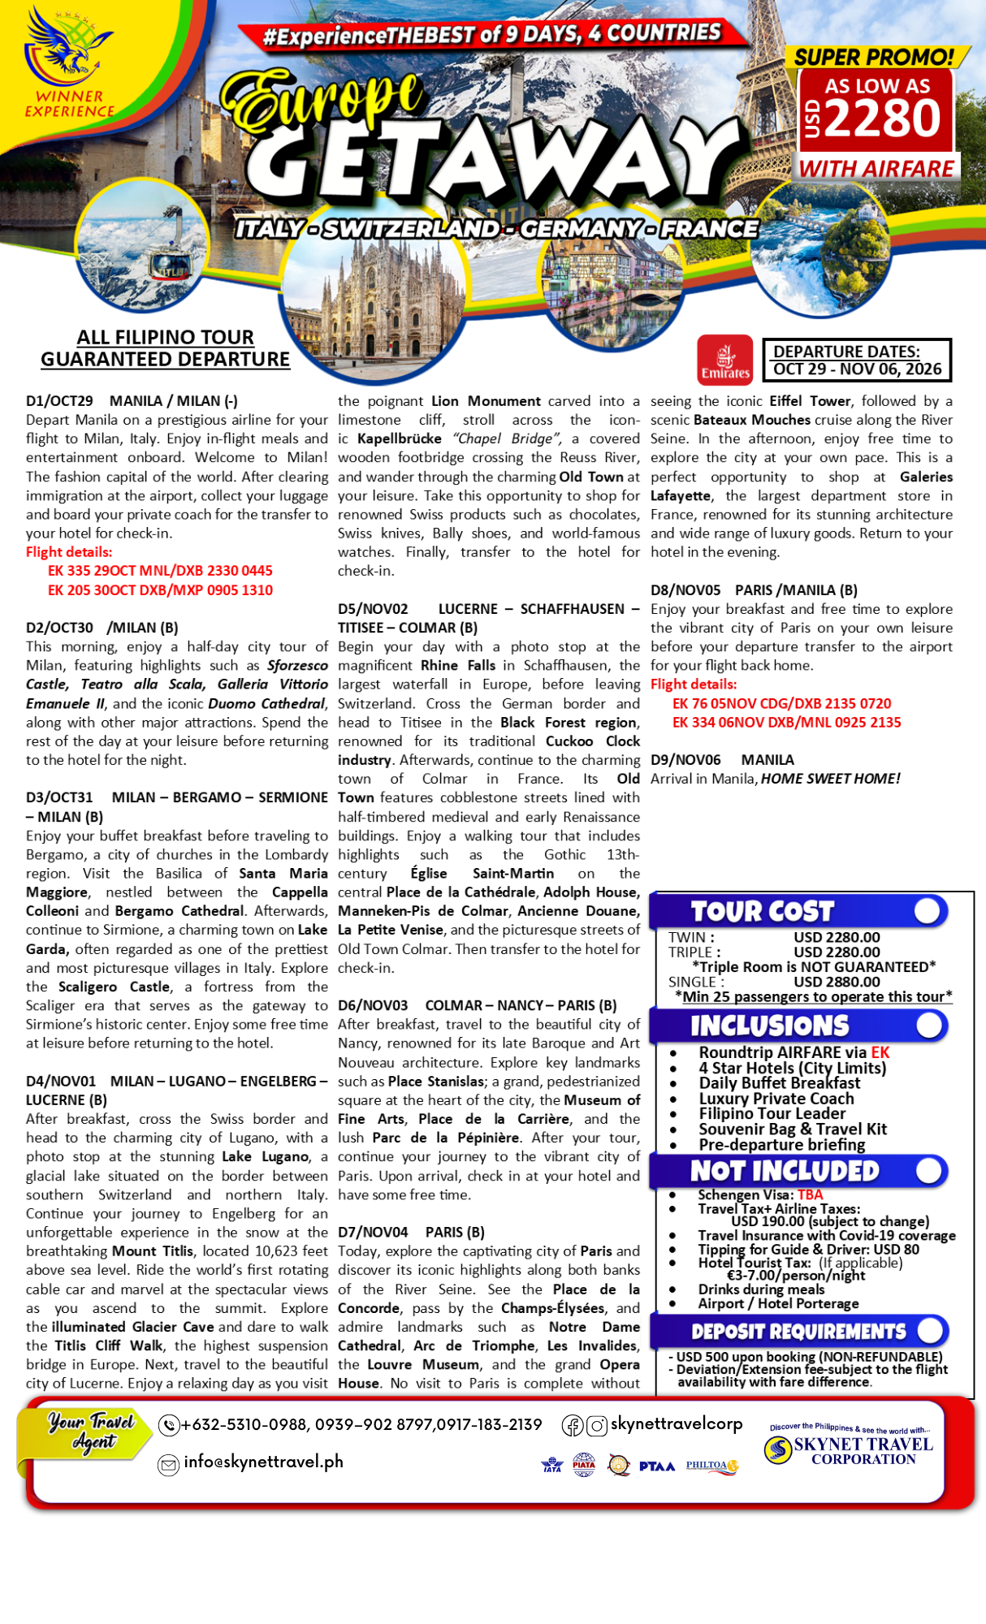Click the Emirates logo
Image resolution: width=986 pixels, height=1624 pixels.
(x=724, y=359)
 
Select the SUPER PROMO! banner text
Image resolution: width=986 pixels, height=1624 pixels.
(x=874, y=57)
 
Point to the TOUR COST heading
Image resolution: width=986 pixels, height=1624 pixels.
(x=762, y=911)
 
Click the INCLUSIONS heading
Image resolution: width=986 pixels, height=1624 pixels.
(x=769, y=1026)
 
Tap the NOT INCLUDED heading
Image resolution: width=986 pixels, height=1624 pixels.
(x=784, y=1171)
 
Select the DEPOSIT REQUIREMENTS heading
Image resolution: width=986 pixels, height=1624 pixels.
(x=798, y=1332)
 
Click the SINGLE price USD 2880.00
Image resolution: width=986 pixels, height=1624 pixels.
(x=837, y=982)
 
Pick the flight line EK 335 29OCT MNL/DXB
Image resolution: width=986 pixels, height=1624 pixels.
(x=160, y=571)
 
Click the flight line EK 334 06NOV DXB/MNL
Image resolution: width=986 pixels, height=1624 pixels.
(x=786, y=722)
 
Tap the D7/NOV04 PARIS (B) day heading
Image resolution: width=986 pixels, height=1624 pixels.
(x=411, y=1232)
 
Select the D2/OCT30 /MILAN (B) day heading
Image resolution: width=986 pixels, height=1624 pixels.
(x=102, y=628)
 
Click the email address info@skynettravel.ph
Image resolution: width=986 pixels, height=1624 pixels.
(x=263, y=1462)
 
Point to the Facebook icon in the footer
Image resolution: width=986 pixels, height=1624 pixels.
(x=573, y=1425)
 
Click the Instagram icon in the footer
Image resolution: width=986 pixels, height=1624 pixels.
(x=597, y=1425)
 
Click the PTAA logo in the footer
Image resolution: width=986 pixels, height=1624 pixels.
(x=656, y=1466)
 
